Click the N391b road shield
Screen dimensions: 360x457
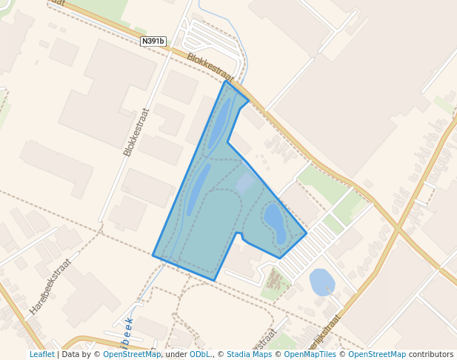(x=153, y=41)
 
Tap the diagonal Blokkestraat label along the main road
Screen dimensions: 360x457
(x=210, y=67)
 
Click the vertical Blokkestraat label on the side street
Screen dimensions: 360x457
(x=136, y=132)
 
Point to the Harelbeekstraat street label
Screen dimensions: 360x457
(x=50, y=287)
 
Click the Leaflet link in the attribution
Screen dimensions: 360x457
(x=41, y=355)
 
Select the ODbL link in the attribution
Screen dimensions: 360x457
(x=200, y=355)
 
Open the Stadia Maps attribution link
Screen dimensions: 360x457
(x=249, y=355)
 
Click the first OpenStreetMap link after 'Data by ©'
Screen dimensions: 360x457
(x=132, y=355)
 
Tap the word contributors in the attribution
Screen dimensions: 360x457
(x=431, y=355)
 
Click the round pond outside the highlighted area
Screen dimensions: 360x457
(x=321, y=282)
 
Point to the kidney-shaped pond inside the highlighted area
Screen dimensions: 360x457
(x=275, y=222)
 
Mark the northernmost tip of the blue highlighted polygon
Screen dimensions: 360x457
(x=225, y=81)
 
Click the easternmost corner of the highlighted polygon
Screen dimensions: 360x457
(x=307, y=234)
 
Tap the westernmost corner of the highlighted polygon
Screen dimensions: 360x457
(x=153, y=255)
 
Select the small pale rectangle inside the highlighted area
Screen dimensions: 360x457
(x=245, y=182)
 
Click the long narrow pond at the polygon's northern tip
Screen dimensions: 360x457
(x=220, y=123)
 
